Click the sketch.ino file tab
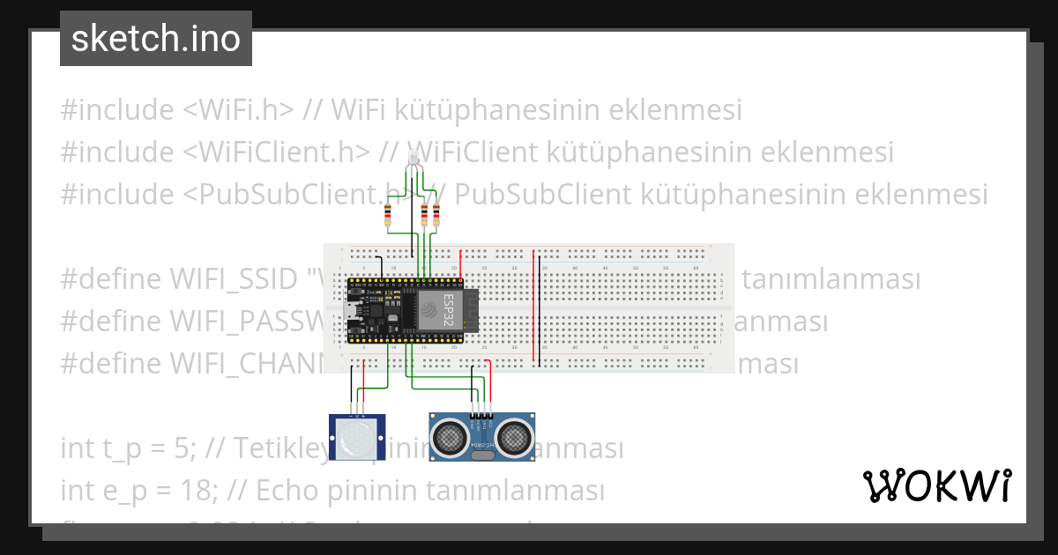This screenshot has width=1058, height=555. click(156, 39)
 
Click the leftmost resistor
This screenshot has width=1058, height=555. click(389, 215)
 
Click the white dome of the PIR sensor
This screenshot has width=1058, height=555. click(356, 435)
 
